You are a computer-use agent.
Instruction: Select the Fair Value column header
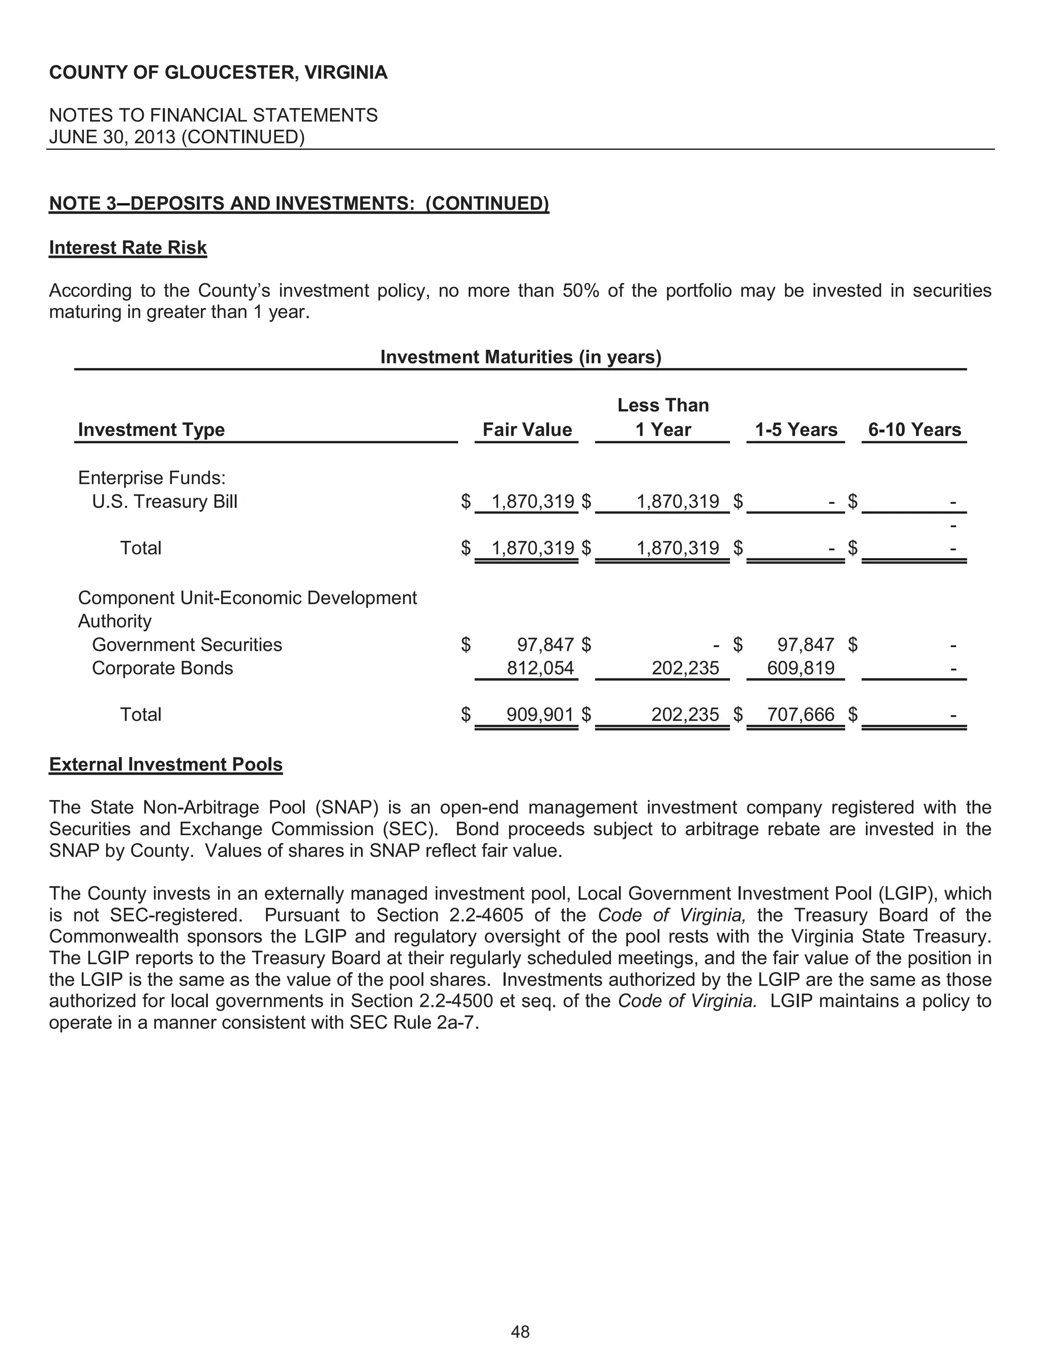(527, 430)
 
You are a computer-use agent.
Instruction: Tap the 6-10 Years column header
(914, 430)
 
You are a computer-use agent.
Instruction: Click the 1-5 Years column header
(795, 430)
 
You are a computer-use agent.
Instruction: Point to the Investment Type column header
(151, 430)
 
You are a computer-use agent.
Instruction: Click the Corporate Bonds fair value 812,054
(540, 668)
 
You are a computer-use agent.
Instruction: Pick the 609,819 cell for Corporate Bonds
(801, 668)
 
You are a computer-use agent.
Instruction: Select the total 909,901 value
(540, 714)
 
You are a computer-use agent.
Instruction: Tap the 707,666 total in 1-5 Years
(801, 714)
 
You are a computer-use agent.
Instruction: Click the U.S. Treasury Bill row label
(165, 501)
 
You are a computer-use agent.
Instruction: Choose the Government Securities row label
(187, 645)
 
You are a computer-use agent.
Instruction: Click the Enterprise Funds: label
(151, 478)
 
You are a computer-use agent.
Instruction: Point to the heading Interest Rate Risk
(128, 248)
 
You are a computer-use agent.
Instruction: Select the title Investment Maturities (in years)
(520, 357)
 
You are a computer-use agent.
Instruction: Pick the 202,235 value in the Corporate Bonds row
(685, 668)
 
